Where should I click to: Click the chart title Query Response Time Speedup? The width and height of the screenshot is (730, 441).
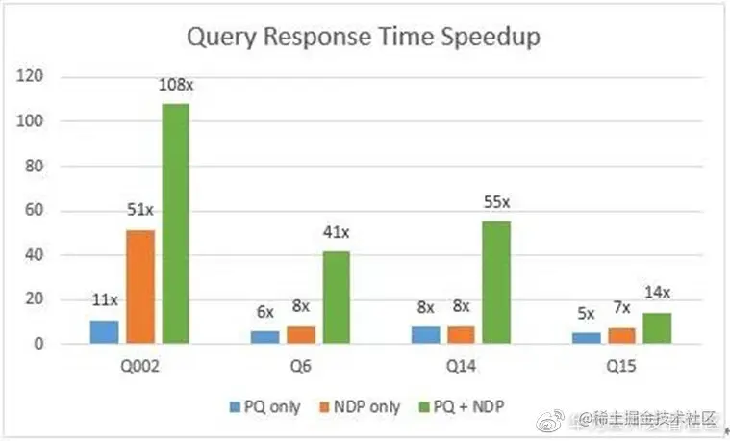[364, 38]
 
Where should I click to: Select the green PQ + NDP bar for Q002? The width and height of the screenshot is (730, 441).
[175, 222]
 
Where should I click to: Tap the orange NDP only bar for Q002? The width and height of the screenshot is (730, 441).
[139, 286]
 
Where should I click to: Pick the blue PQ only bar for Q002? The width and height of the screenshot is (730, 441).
[104, 331]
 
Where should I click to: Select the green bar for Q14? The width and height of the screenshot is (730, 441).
[496, 281]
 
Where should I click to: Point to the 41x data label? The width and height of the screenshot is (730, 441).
[337, 235]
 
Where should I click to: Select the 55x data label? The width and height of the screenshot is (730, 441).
[497, 204]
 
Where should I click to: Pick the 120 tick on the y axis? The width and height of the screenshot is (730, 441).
[44, 76]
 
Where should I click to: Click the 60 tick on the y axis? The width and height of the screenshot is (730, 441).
[48, 210]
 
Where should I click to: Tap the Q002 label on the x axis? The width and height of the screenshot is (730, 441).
[139, 366]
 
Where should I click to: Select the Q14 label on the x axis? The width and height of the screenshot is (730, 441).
[461, 366]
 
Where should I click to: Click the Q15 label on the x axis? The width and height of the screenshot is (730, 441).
[621, 366]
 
